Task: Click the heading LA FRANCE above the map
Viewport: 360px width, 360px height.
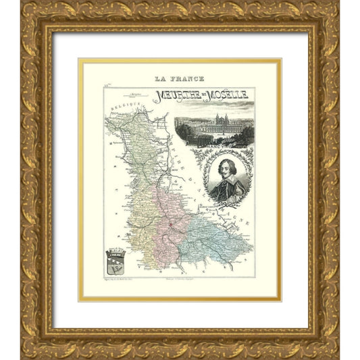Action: click(179, 78)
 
